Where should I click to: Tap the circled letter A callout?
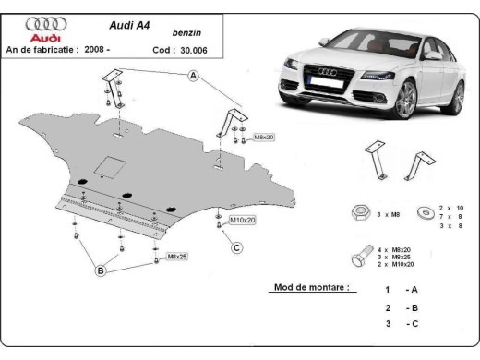[194, 78]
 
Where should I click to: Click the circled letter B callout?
[99, 270]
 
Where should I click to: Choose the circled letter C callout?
[236, 246]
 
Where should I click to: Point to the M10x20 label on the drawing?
[242, 220]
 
